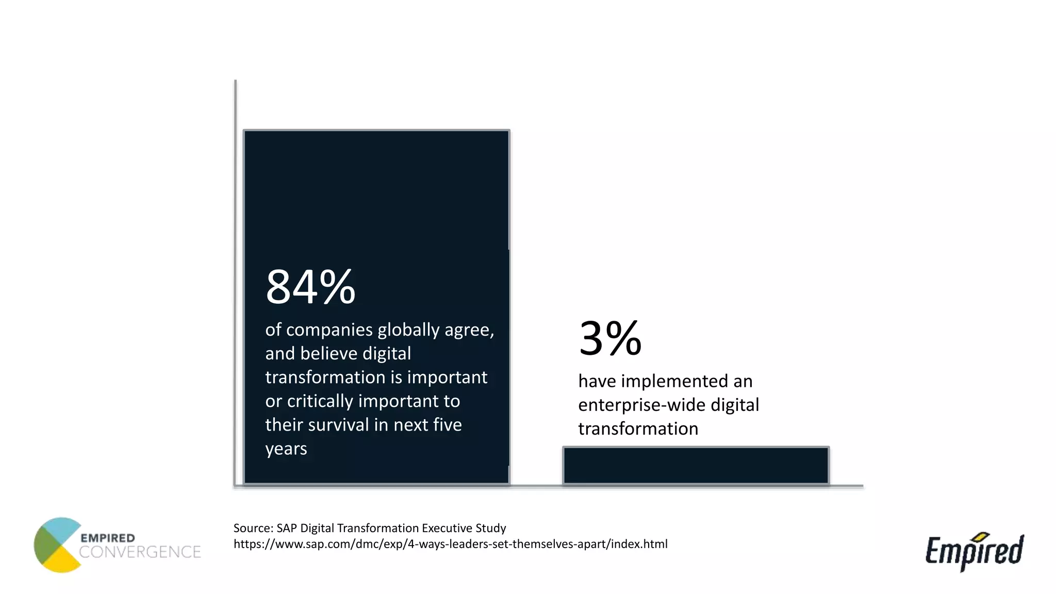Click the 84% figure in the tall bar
(x=310, y=287)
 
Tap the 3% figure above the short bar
(x=610, y=339)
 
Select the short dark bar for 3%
(x=696, y=465)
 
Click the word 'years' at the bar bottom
(x=286, y=449)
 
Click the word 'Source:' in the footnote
(x=253, y=528)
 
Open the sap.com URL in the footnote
(x=450, y=544)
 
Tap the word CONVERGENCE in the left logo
(x=140, y=552)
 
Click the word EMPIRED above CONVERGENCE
(x=107, y=538)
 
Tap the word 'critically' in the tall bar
(x=320, y=401)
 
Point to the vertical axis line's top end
(x=236, y=81)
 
